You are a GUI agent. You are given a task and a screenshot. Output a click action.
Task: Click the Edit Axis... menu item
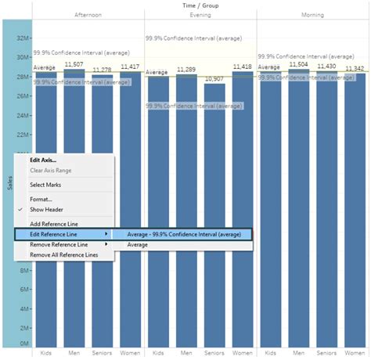pos(43,160)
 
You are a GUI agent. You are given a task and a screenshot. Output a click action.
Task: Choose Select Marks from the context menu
pos(45,185)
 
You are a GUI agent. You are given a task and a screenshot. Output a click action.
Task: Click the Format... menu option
pos(41,199)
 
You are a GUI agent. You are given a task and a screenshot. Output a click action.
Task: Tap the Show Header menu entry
pos(47,210)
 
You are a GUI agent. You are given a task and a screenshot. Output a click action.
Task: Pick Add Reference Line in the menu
pos(54,224)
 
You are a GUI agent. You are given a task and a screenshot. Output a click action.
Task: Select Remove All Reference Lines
pos(64,255)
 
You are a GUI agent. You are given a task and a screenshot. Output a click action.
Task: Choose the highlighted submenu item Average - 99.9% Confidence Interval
pos(184,234)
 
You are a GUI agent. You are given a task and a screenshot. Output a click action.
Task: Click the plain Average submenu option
pos(138,245)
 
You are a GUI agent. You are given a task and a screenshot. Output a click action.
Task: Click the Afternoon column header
pos(88,15)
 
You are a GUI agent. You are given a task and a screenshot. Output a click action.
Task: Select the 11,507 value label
pos(74,64)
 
